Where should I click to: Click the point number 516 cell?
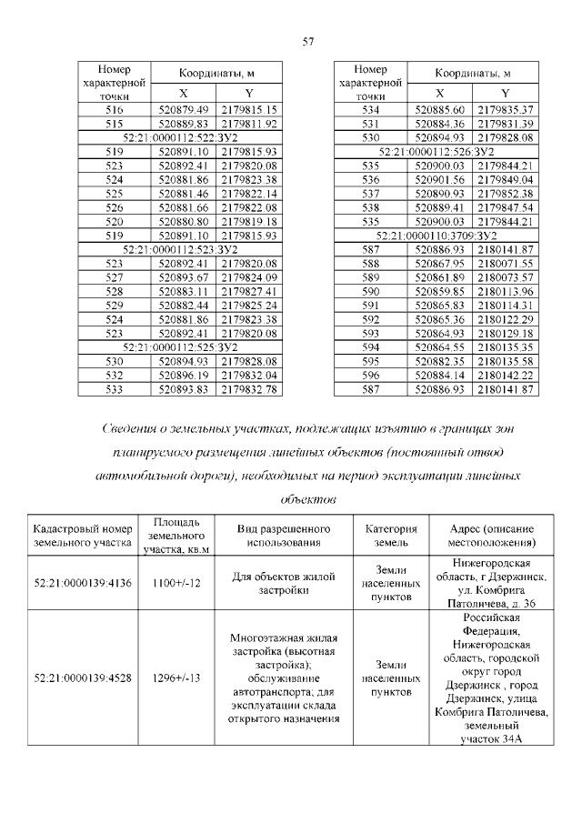coord(114,110)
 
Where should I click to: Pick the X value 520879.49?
coord(185,110)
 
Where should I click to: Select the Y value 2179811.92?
coord(248,124)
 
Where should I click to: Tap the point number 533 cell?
coord(114,389)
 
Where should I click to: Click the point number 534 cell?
coord(370,110)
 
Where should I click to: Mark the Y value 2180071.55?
coord(505,263)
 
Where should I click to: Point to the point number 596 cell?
coord(370,375)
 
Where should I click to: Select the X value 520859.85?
coord(440,291)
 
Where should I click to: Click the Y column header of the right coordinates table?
coord(505,94)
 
